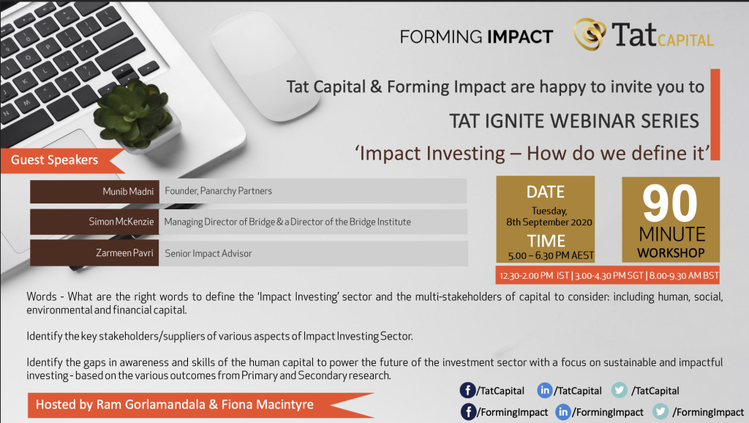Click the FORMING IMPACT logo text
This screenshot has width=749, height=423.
[476, 37]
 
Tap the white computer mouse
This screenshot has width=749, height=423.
[266, 65]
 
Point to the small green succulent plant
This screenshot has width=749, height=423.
[135, 113]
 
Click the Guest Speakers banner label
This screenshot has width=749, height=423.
[54, 160]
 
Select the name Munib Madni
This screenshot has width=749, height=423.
[128, 192]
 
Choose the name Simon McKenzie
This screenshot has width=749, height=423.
[121, 222]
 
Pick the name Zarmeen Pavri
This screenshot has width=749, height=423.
[124, 252]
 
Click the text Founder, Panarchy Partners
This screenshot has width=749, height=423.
[218, 191]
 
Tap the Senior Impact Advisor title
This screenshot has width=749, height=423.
[208, 253]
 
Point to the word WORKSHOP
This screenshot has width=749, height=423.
[671, 252]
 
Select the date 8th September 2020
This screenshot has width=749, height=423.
[549, 222]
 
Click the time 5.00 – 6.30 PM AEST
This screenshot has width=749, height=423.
[551, 255]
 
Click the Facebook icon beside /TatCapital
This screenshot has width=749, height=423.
[467, 390]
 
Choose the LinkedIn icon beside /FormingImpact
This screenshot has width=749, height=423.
[563, 411]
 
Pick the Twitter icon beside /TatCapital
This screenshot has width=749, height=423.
[620, 390]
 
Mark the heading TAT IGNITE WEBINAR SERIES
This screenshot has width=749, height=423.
[574, 121]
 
